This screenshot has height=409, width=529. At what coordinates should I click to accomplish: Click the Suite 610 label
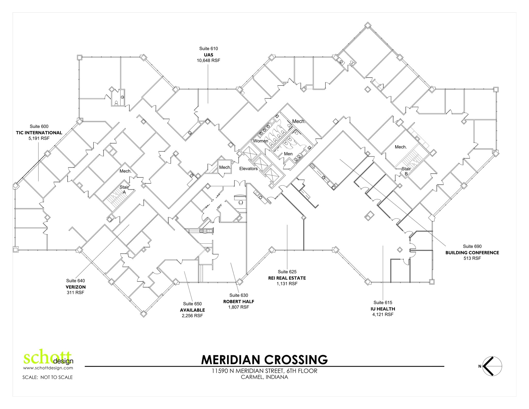[208, 49]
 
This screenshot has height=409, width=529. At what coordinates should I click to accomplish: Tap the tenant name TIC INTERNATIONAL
[39, 133]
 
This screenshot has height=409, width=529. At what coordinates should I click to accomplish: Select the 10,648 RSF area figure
[208, 60]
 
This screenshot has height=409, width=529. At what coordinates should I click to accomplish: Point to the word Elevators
[248, 169]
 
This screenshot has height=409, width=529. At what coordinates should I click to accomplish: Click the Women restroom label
[260, 141]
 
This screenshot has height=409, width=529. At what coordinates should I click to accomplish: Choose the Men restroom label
[288, 154]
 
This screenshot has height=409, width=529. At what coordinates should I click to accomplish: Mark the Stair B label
[406, 171]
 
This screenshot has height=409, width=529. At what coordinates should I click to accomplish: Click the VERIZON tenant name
[75, 287]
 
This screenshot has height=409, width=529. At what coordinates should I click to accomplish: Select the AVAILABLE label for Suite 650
[192, 310]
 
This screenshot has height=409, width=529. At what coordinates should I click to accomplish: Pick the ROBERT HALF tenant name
[239, 302]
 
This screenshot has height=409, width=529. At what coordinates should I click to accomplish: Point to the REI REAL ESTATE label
[287, 278]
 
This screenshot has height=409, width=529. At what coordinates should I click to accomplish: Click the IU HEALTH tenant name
[383, 309]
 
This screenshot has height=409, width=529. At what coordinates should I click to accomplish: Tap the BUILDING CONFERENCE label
[472, 253]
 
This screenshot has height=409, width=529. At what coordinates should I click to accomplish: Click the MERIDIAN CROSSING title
[264, 360]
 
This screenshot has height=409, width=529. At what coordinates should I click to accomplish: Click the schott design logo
[48, 358]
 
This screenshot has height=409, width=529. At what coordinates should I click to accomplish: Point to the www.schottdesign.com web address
[48, 368]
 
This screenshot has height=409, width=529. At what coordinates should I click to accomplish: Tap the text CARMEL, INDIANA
[264, 377]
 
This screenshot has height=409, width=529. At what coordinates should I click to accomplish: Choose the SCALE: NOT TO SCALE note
[48, 377]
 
